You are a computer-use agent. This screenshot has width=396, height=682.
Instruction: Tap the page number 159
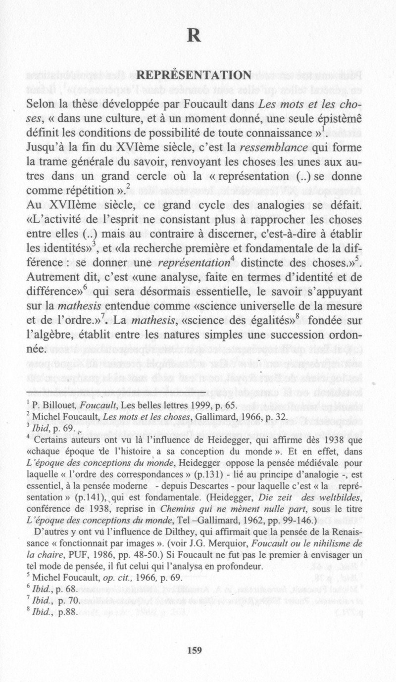click(x=195, y=650)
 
